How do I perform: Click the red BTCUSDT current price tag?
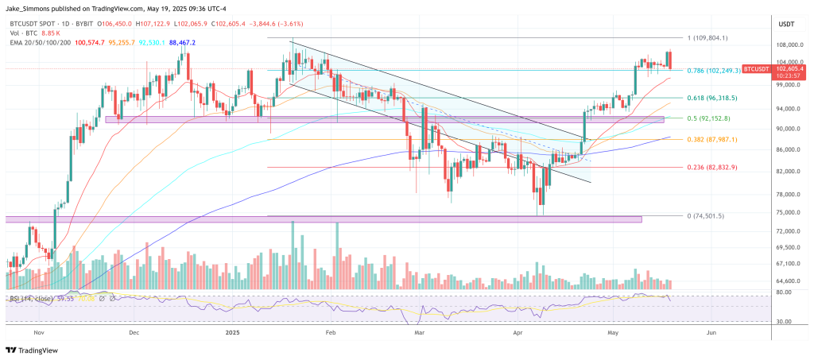(x=762, y=70)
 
